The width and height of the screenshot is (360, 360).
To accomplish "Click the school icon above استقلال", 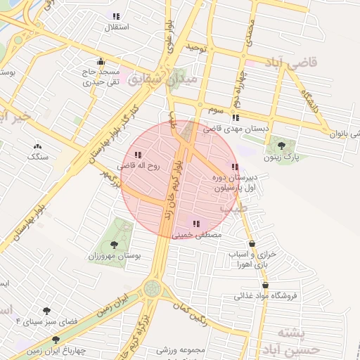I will [116, 16].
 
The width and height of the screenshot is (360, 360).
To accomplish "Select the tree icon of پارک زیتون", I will [282, 146].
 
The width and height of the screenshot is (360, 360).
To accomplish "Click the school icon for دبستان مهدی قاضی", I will [236, 117].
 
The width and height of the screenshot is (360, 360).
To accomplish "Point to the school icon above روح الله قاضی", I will [138, 155].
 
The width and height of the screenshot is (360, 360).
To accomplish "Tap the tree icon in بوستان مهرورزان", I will [114, 245].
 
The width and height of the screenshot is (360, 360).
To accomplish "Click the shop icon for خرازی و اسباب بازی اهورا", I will [252, 244].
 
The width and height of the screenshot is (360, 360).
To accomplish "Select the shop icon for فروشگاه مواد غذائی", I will [265, 285].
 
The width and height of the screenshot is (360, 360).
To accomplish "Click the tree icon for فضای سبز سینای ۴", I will [46, 310].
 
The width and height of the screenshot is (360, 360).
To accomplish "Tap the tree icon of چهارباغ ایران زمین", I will [56, 340].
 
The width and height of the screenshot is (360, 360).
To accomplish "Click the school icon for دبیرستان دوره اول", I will [235, 167].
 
